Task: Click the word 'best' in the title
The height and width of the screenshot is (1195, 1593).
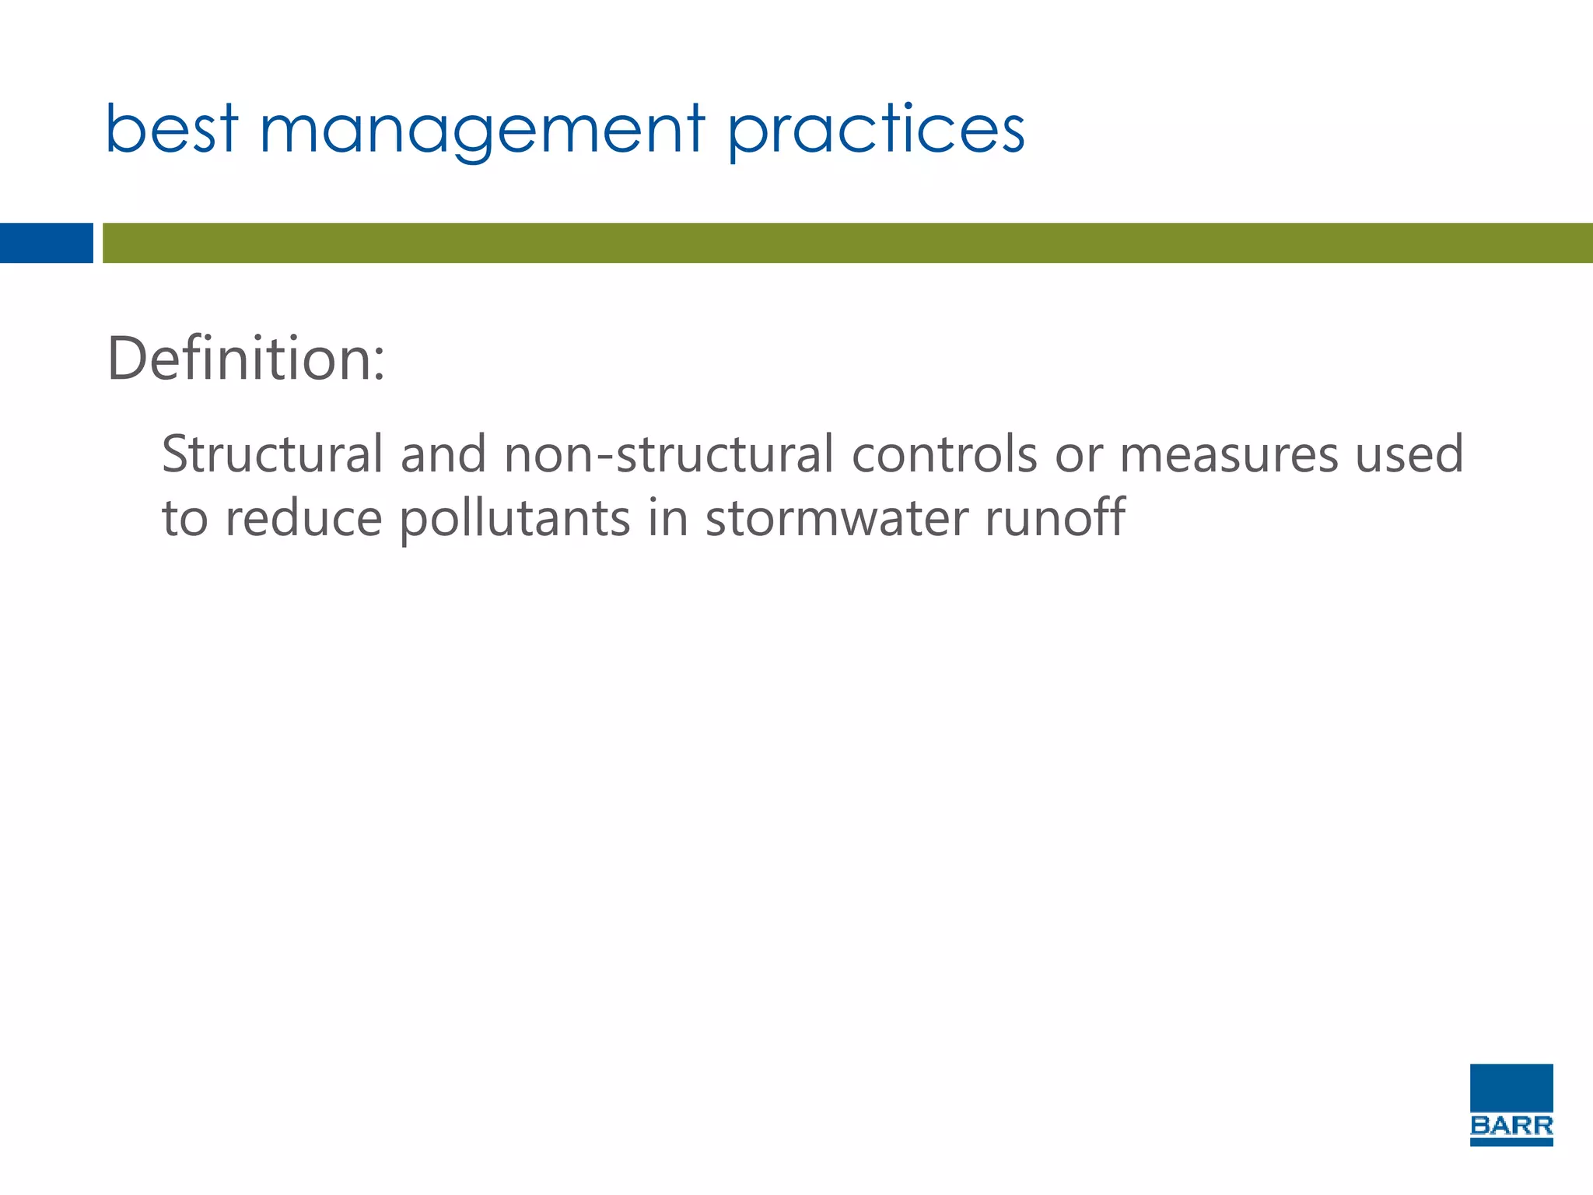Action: [x=171, y=129]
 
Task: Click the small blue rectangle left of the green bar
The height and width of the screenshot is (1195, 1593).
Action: [x=46, y=243]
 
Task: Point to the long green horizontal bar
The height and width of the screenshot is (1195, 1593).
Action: [x=847, y=243]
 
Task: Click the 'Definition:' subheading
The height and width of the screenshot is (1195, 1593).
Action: [x=246, y=359]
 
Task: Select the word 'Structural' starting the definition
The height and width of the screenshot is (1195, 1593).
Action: [x=272, y=454]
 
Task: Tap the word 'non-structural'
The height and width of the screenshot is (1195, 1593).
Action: [x=669, y=454]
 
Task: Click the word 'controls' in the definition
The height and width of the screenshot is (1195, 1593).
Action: [x=944, y=454]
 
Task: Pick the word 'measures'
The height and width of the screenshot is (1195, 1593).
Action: [x=1229, y=454]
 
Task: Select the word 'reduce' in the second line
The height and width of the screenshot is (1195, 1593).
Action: [x=303, y=519]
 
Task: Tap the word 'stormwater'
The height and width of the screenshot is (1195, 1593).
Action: [x=836, y=519]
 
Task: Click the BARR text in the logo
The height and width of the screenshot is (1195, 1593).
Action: [x=1511, y=1125]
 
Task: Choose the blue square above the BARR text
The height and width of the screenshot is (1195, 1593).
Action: [x=1511, y=1087]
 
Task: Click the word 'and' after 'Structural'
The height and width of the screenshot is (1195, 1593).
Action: [x=443, y=454]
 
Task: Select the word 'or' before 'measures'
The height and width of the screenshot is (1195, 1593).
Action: [x=1079, y=456]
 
